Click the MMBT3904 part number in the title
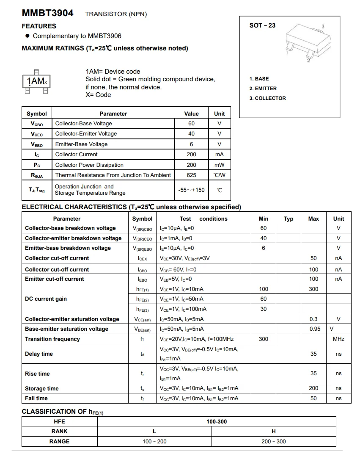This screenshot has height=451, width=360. click(47, 13)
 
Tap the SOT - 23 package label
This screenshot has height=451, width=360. click(262, 25)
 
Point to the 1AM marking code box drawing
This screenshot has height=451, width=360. click(36, 81)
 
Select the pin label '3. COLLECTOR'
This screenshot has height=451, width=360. click(267, 98)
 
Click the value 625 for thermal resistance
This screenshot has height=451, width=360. click(191, 175)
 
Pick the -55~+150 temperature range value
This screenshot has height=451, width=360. click(191, 190)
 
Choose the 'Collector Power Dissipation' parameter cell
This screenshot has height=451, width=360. click(89, 165)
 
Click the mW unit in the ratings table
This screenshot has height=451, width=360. click(219, 165)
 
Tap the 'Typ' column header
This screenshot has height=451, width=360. click(289, 219)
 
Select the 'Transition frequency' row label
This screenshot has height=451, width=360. click(52, 339)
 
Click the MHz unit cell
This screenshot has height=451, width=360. click(338, 339)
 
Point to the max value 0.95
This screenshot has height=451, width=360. click(313, 329)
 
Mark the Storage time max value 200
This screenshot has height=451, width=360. click(313, 388)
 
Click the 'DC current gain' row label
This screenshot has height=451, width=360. click(46, 299)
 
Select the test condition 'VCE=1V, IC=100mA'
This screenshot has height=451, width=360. click(183, 309)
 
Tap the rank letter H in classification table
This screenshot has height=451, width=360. click(274, 431)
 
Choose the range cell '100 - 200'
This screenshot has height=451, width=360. click(154, 441)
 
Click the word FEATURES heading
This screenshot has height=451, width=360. click(39, 26)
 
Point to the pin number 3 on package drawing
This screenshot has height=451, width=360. click(323, 27)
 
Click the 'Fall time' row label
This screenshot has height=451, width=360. click(36, 398)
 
